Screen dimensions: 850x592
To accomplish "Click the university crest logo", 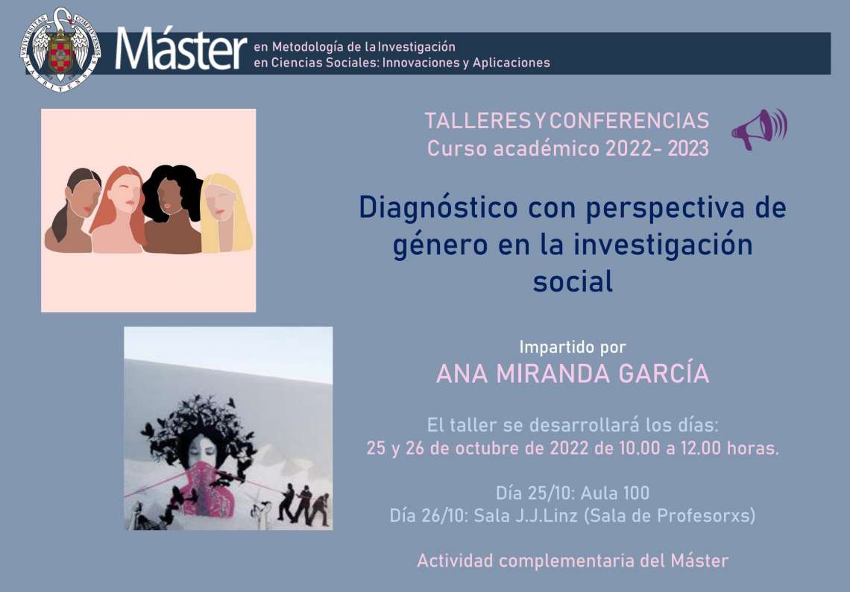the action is tap(60, 49).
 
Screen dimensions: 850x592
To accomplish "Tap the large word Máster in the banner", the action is tap(181, 49).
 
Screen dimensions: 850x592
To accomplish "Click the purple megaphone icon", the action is tap(759, 129).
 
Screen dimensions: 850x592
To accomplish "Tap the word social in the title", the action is tap(573, 281).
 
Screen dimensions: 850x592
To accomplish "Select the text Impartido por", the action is tap(573, 347).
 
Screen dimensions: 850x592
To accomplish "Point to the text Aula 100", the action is tap(614, 493).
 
